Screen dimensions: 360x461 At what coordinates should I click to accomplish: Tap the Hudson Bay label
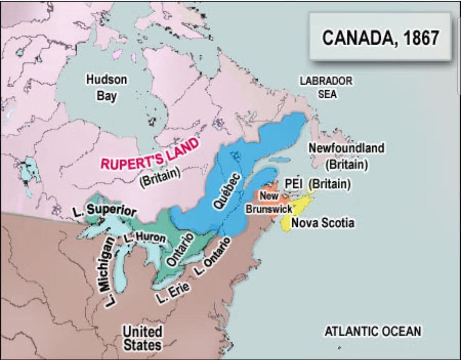(x=106, y=88)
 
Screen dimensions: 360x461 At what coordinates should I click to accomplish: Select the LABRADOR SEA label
(x=326, y=88)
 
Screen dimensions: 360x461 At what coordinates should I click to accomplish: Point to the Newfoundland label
(x=346, y=148)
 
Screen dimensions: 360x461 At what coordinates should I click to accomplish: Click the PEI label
(x=294, y=184)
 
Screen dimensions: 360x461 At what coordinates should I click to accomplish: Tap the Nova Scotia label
(x=323, y=223)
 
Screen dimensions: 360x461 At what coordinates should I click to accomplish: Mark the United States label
(x=142, y=338)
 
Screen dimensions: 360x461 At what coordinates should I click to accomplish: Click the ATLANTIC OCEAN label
(x=373, y=331)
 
